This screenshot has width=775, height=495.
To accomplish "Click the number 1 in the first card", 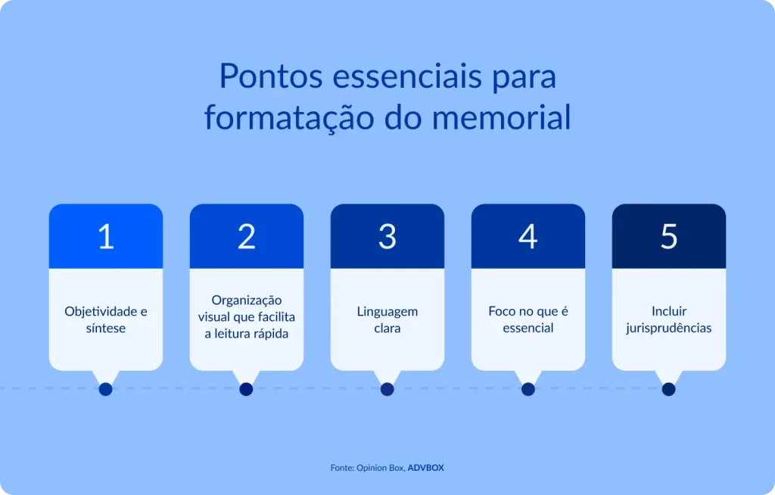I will tap(106, 237).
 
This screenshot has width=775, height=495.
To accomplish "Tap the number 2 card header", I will tap(247, 237).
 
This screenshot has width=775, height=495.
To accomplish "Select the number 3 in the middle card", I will tap(387, 237).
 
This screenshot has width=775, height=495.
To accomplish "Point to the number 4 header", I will tap(528, 237).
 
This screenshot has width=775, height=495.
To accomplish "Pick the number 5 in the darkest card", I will tap(669, 237).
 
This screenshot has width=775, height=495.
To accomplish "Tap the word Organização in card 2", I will tap(247, 300).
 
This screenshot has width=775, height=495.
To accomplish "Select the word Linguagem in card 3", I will tap(387, 311).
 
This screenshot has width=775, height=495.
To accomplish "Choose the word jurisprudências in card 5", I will tap(669, 328).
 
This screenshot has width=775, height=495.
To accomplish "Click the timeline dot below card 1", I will tap(106, 389).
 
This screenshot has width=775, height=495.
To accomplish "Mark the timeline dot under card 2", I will tap(246, 389).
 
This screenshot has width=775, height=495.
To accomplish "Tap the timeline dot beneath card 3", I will tap(387, 389).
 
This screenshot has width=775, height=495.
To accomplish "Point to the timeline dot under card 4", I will tap(528, 389).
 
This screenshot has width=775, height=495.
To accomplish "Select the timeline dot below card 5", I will tap(668, 389).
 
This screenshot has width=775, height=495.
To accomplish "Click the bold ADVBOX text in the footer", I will tap(426, 468).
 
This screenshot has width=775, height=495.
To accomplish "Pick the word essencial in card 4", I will tap(528, 328).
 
